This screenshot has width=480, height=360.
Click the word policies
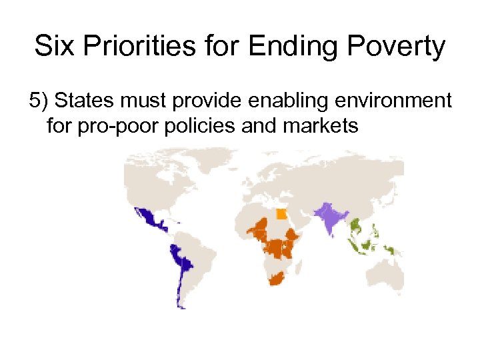[x=197, y=125]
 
